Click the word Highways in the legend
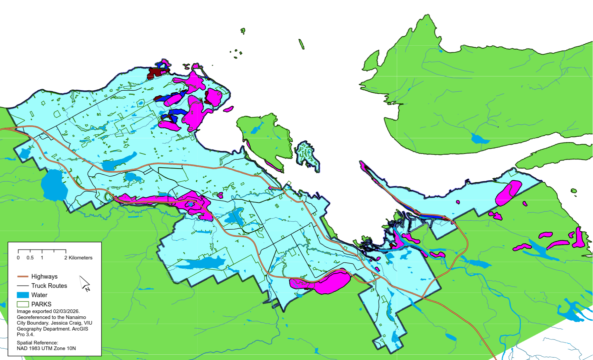point(44,276)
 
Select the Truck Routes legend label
point(49,286)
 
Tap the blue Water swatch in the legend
point(23,295)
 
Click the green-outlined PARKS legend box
point(23,304)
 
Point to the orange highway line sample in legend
point(23,276)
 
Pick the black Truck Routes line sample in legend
point(23,286)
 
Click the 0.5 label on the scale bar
point(30,258)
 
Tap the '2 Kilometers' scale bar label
point(78,258)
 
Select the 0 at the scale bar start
point(18,258)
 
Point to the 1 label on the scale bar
point(42,258)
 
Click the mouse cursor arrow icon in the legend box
point(85,284)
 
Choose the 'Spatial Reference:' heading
point(37,343)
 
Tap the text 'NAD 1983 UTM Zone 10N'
point(46,348)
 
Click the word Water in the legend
point(39,295)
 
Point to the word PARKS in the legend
point(41,304)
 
